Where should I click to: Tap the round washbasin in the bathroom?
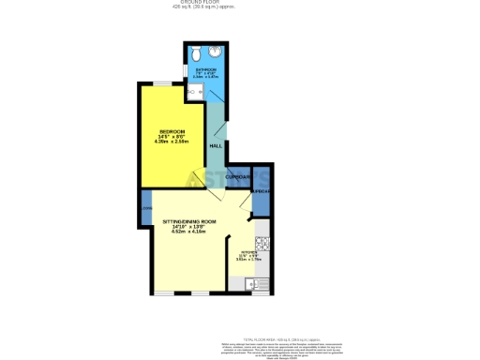(x=215, y=52)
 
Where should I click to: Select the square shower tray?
(x=196, y=90)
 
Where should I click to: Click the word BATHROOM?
(x=206, y=70)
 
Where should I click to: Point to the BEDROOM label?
(x=172, y=130)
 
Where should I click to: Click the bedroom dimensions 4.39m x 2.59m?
(x=172, y=142)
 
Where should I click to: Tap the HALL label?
(x=215, y=147)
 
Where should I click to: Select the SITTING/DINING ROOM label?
(x=188, y=220)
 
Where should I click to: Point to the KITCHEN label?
(x=249, y=252)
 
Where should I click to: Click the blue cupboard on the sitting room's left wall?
(x=146, y=208)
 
